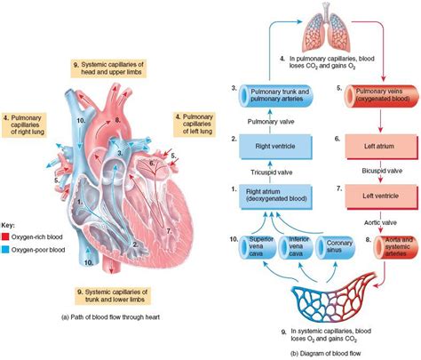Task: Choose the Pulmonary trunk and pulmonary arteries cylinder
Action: click(x=270, y=94)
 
